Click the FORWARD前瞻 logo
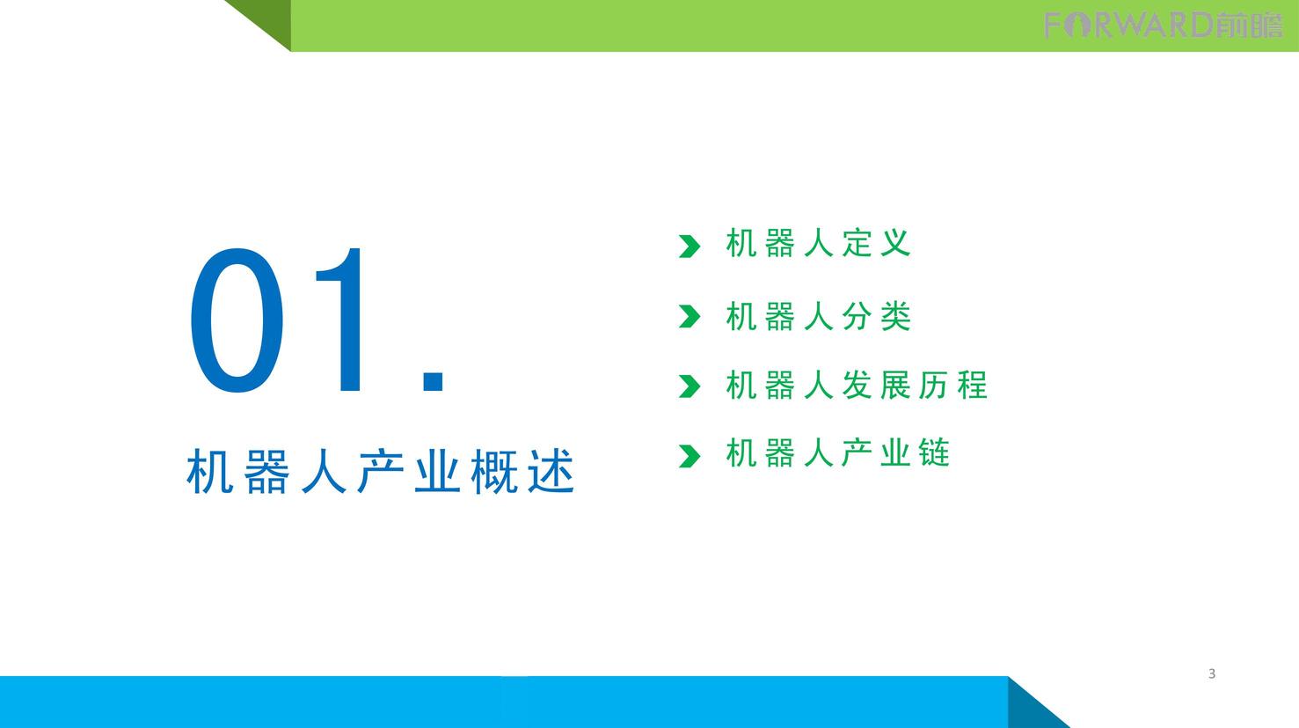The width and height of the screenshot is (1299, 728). pyautogui.click(x=1164, y=26)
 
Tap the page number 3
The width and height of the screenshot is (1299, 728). pyautogui.click(x=1211, y=673)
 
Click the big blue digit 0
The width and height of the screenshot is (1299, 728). pyautogui.click(x=237, y=320)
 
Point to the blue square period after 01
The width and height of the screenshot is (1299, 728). pyautogui.click(x=434, y=381)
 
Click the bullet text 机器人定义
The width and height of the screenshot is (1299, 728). pyautogui.click(x=818, y=243)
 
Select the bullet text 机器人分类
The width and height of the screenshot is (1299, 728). pyautogui.click(x=818, y=316)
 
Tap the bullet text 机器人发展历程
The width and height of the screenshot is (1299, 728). pyautogui.click(x=857, y=385)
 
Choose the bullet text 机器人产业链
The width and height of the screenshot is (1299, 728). pyautogui.click(x=837, y=452)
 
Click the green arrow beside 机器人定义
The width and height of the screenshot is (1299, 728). pyautogui.click(x=690, y=246)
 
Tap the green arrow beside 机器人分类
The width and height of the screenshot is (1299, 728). pyautogui.click(x=690, y=316)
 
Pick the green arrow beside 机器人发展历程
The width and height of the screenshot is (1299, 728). pyautogui.click(x=690, y=386)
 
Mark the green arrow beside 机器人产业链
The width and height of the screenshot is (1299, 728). pyautogui.click(x=690, y=456)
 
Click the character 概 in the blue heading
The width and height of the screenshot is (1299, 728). pyautogui.click(x=494, y=472)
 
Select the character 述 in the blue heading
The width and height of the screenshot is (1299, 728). pyautogui.click(x=551, y=472)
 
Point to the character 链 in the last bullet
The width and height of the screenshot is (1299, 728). pyautogui.click(x=934, y=452)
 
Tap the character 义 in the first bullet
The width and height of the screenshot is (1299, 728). pyautogui.click(x=895, y=243)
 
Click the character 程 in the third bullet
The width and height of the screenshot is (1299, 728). pyautogui.click(x=973, y=385)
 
